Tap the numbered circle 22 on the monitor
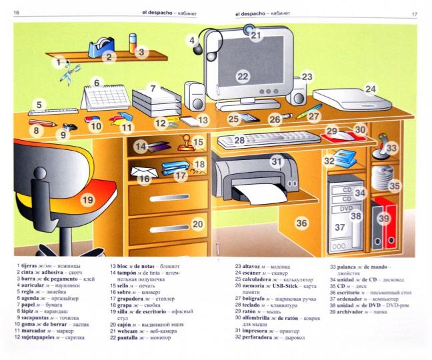(x=242, y=76)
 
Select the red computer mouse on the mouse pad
(x=341, y=135)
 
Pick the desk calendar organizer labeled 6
(x=107, y=99)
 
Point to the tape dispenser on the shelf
(x=99, y=49)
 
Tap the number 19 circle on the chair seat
(x=86, y=198)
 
